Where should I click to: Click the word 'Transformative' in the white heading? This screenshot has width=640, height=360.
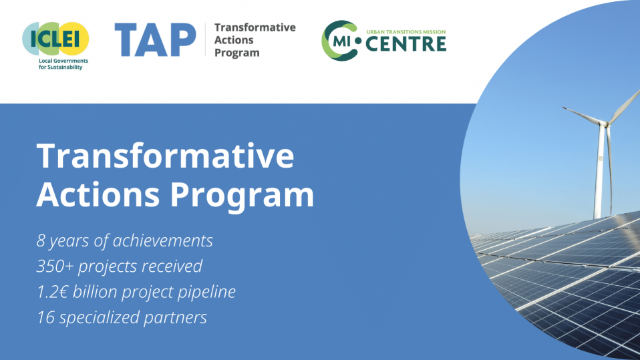click(x=165, y=156)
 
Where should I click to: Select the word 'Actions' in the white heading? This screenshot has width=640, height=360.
click(x=98, y=194)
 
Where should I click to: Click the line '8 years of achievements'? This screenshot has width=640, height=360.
click(x=125, y=240)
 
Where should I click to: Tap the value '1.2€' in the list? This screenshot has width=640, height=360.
click(x=54, y=292)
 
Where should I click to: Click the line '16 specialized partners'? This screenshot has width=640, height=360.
click(x=122, y=317)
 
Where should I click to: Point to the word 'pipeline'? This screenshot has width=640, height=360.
click(x=206, y=292)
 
